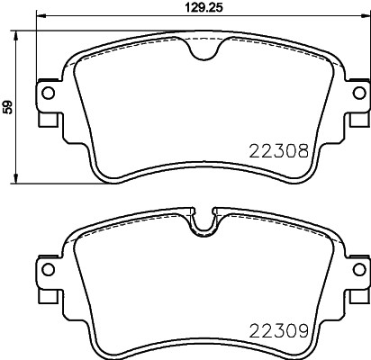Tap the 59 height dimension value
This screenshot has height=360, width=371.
(x=9, y=106)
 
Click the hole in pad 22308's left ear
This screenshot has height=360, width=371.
(x=47, y=94)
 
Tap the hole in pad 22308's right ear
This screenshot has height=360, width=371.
(x=357, y=94)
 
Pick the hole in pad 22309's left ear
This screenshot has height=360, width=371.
(x=47, y=269)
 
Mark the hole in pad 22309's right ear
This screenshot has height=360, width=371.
(x=357, y=269)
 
